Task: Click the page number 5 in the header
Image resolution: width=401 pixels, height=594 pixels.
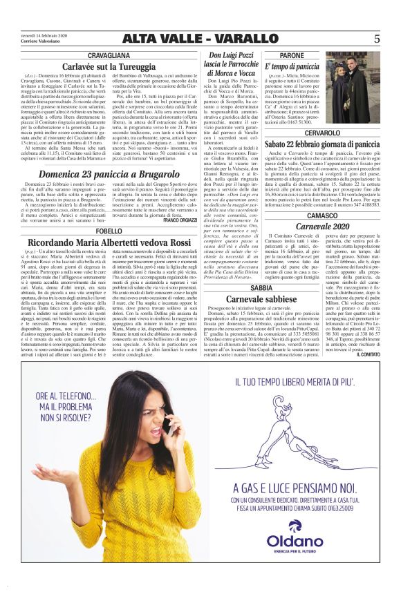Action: [376, 39]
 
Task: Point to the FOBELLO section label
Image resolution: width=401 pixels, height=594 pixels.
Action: [109, 231]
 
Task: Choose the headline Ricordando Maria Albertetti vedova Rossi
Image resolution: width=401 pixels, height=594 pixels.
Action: [109, 242]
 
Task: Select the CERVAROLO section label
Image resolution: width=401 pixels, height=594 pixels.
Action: [321, 132]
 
